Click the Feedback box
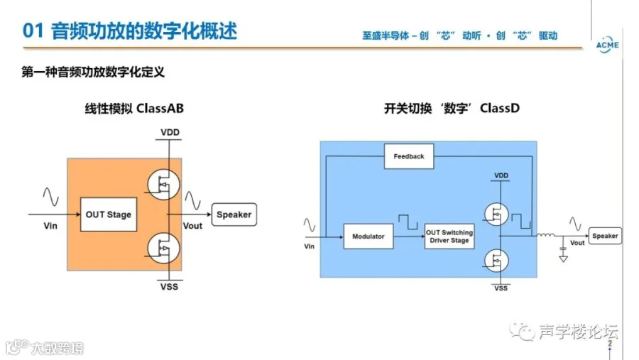click(x=409, y=156)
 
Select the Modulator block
click(x=368, y=236)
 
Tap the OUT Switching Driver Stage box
click(x=449, y=236)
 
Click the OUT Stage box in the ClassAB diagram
click(x=109, y=214)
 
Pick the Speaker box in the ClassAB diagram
click(x=234, y=214)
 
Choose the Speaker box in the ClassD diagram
click(x=605, y=236)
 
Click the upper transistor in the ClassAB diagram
click(x=163, y=185)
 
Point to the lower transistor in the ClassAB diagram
click(x=163, y=248)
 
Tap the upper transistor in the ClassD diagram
click(x=496, y=214)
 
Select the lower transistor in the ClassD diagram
click(x=496, y=261)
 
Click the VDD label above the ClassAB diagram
click(x=170, y=133)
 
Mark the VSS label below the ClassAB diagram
click(x=169, y=287)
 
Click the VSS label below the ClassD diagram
click(x=501, y=288)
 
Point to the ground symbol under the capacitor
click(x=563, y=258)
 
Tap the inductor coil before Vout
click(x=545, y=235)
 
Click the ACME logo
click(x=607, y=45)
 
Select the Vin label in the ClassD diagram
click(x=310, y=246)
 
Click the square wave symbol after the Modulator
click(x=408, y=222)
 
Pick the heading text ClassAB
click(x=160, y=109)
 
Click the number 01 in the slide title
click(x=33, y=31)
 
